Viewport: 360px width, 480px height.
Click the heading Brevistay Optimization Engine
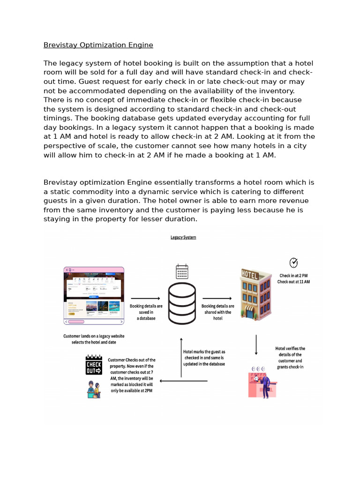[x=98, y=45]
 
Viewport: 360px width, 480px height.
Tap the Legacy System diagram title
[x=183, y=238]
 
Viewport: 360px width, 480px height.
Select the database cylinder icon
[x=182, y=303]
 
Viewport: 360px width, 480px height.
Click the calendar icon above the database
[x=182, y=272]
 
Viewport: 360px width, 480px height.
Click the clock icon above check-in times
[x=293, y=262]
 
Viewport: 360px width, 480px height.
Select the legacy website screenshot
[x=94, y=296]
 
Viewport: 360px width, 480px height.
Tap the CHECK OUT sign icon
[x=94, y=365]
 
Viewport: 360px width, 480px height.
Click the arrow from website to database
[x=145, y=299]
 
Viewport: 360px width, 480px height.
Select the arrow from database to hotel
[x=217, y=299]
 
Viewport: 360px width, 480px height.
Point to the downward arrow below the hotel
[x=256, y=345]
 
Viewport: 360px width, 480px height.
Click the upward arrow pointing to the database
[x=181, y=357]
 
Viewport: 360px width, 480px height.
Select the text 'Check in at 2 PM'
[x=293, y=276]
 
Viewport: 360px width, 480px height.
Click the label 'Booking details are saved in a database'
[x=146, y=312]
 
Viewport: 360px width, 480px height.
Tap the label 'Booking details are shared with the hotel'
[x=217, y=312]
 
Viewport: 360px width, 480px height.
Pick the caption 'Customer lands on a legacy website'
[x=94, y=336]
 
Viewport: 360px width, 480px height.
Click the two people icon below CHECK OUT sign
[x=94, y=389]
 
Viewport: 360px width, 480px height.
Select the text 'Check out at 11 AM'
[x=293, y=282]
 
